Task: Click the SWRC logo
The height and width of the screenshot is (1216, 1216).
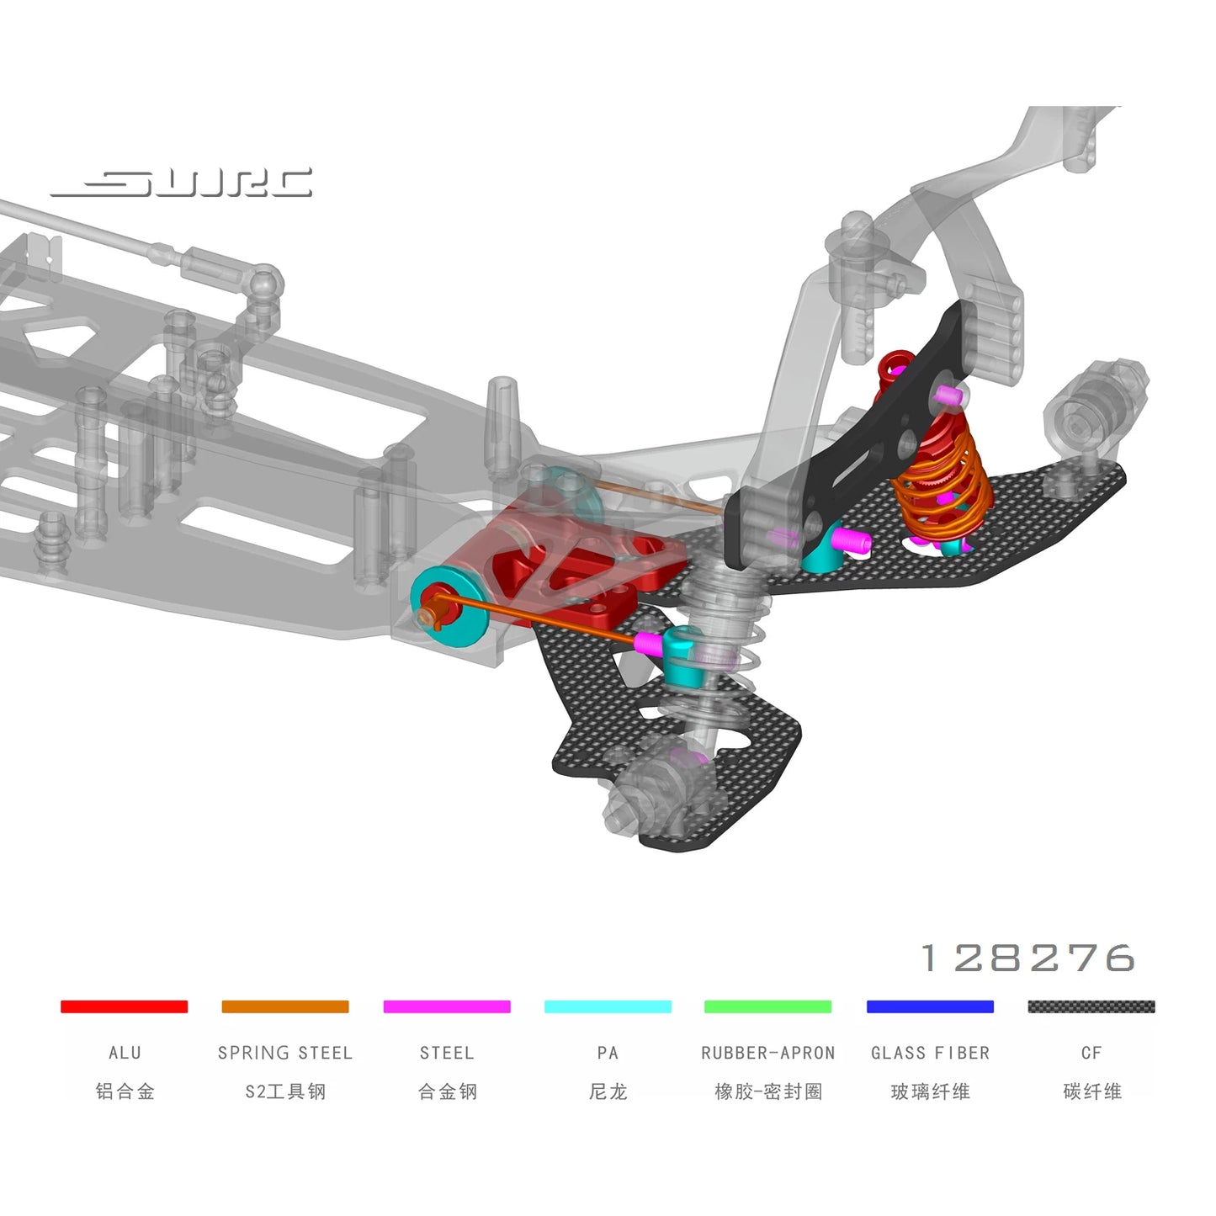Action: pyautogui.click(x=181, y=183)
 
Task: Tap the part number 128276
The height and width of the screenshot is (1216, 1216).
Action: pyautogui.click(x=1028, y=958)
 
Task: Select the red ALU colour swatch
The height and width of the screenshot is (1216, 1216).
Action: pyautogui.click(x=125, y=1006)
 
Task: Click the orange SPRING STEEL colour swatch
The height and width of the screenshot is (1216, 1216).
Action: pyautogui.click(x=285, y=1006)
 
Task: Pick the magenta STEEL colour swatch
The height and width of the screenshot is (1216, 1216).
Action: pyautogui.click(x=447, y=1006)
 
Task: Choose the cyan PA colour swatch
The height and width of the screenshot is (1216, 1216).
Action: pyautogui.click(x=608, y=1006)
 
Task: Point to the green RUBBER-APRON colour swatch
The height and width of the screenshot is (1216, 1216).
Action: pyautogui.click(x=768, y=1006)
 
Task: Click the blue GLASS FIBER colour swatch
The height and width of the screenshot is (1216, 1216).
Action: pyautogui.click(x=930, y=1006)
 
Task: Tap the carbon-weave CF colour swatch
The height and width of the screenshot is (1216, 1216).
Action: pyautogui.click(x=1091, y=1006)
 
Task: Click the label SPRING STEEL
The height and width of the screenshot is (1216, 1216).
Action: pyautogui.click(x=285, y=1054)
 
